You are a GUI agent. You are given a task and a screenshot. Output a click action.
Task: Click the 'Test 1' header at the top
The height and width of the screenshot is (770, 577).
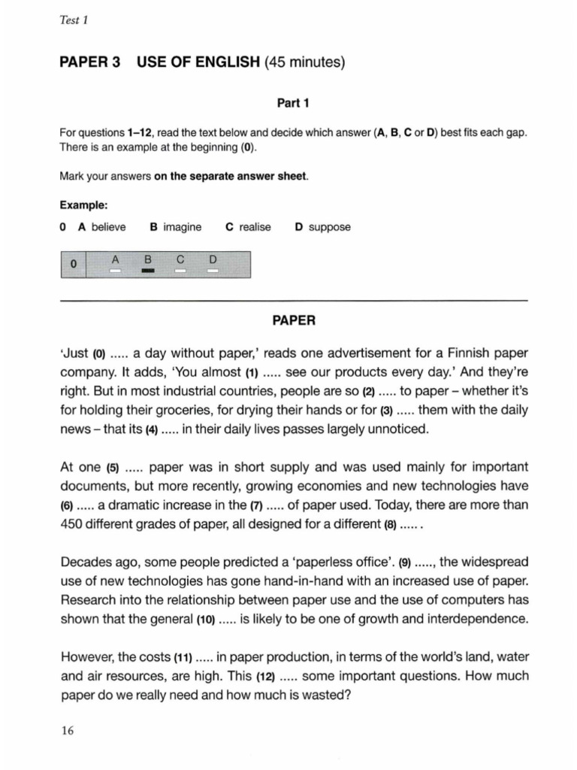(x=74, y=20)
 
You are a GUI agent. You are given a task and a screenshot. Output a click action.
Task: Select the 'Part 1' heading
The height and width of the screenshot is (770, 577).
(x=293, y=103)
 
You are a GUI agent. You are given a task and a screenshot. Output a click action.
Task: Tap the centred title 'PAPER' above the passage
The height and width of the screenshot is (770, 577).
(x=293, y=320)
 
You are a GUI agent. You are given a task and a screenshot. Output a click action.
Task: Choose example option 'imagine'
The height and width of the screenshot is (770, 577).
(x=181, y=227)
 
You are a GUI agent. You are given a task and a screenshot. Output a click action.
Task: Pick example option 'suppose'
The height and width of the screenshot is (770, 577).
(x=329, y=227)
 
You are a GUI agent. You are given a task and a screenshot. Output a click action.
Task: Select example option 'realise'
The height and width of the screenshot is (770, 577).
(x=255, y=227)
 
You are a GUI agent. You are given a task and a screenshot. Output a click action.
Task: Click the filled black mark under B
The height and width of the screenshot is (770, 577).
(x=148, y=271)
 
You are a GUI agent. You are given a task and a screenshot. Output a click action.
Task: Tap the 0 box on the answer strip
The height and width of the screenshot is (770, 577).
(x=73, y=265)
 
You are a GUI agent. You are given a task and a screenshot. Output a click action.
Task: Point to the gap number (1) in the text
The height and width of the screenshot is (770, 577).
(x=252, y=372)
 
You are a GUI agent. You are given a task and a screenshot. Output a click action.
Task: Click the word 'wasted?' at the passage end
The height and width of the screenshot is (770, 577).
(x=329, y=695)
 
